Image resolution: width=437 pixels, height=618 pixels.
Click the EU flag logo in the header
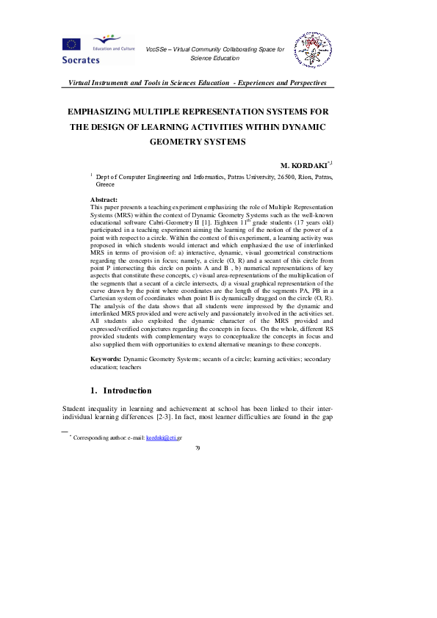[x=72, y=43]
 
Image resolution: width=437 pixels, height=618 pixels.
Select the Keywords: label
[x=106, y=358]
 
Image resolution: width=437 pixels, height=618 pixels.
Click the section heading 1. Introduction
[x=120, y=390]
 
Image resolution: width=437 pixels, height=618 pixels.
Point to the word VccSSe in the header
[x=156, y=49]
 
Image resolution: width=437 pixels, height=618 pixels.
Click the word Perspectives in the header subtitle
[x=306, y=84]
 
